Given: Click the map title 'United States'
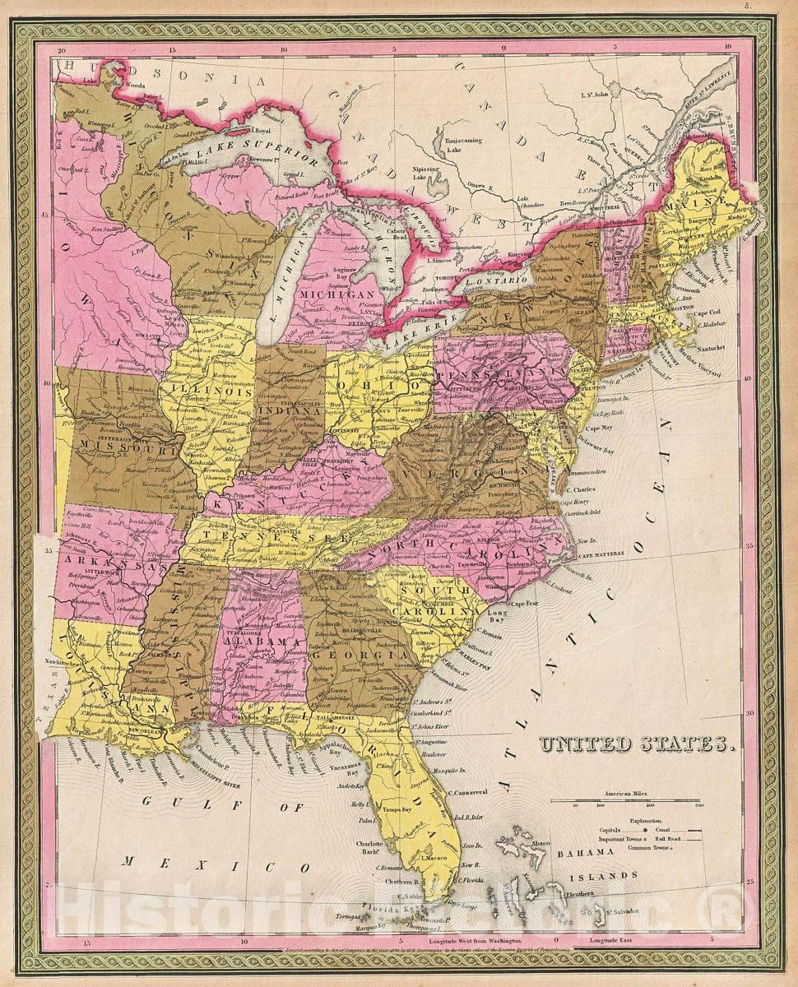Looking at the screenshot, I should (636, 744).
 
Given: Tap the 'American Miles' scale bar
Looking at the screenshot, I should (625, 800).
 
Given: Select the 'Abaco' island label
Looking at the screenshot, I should (540, 842).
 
